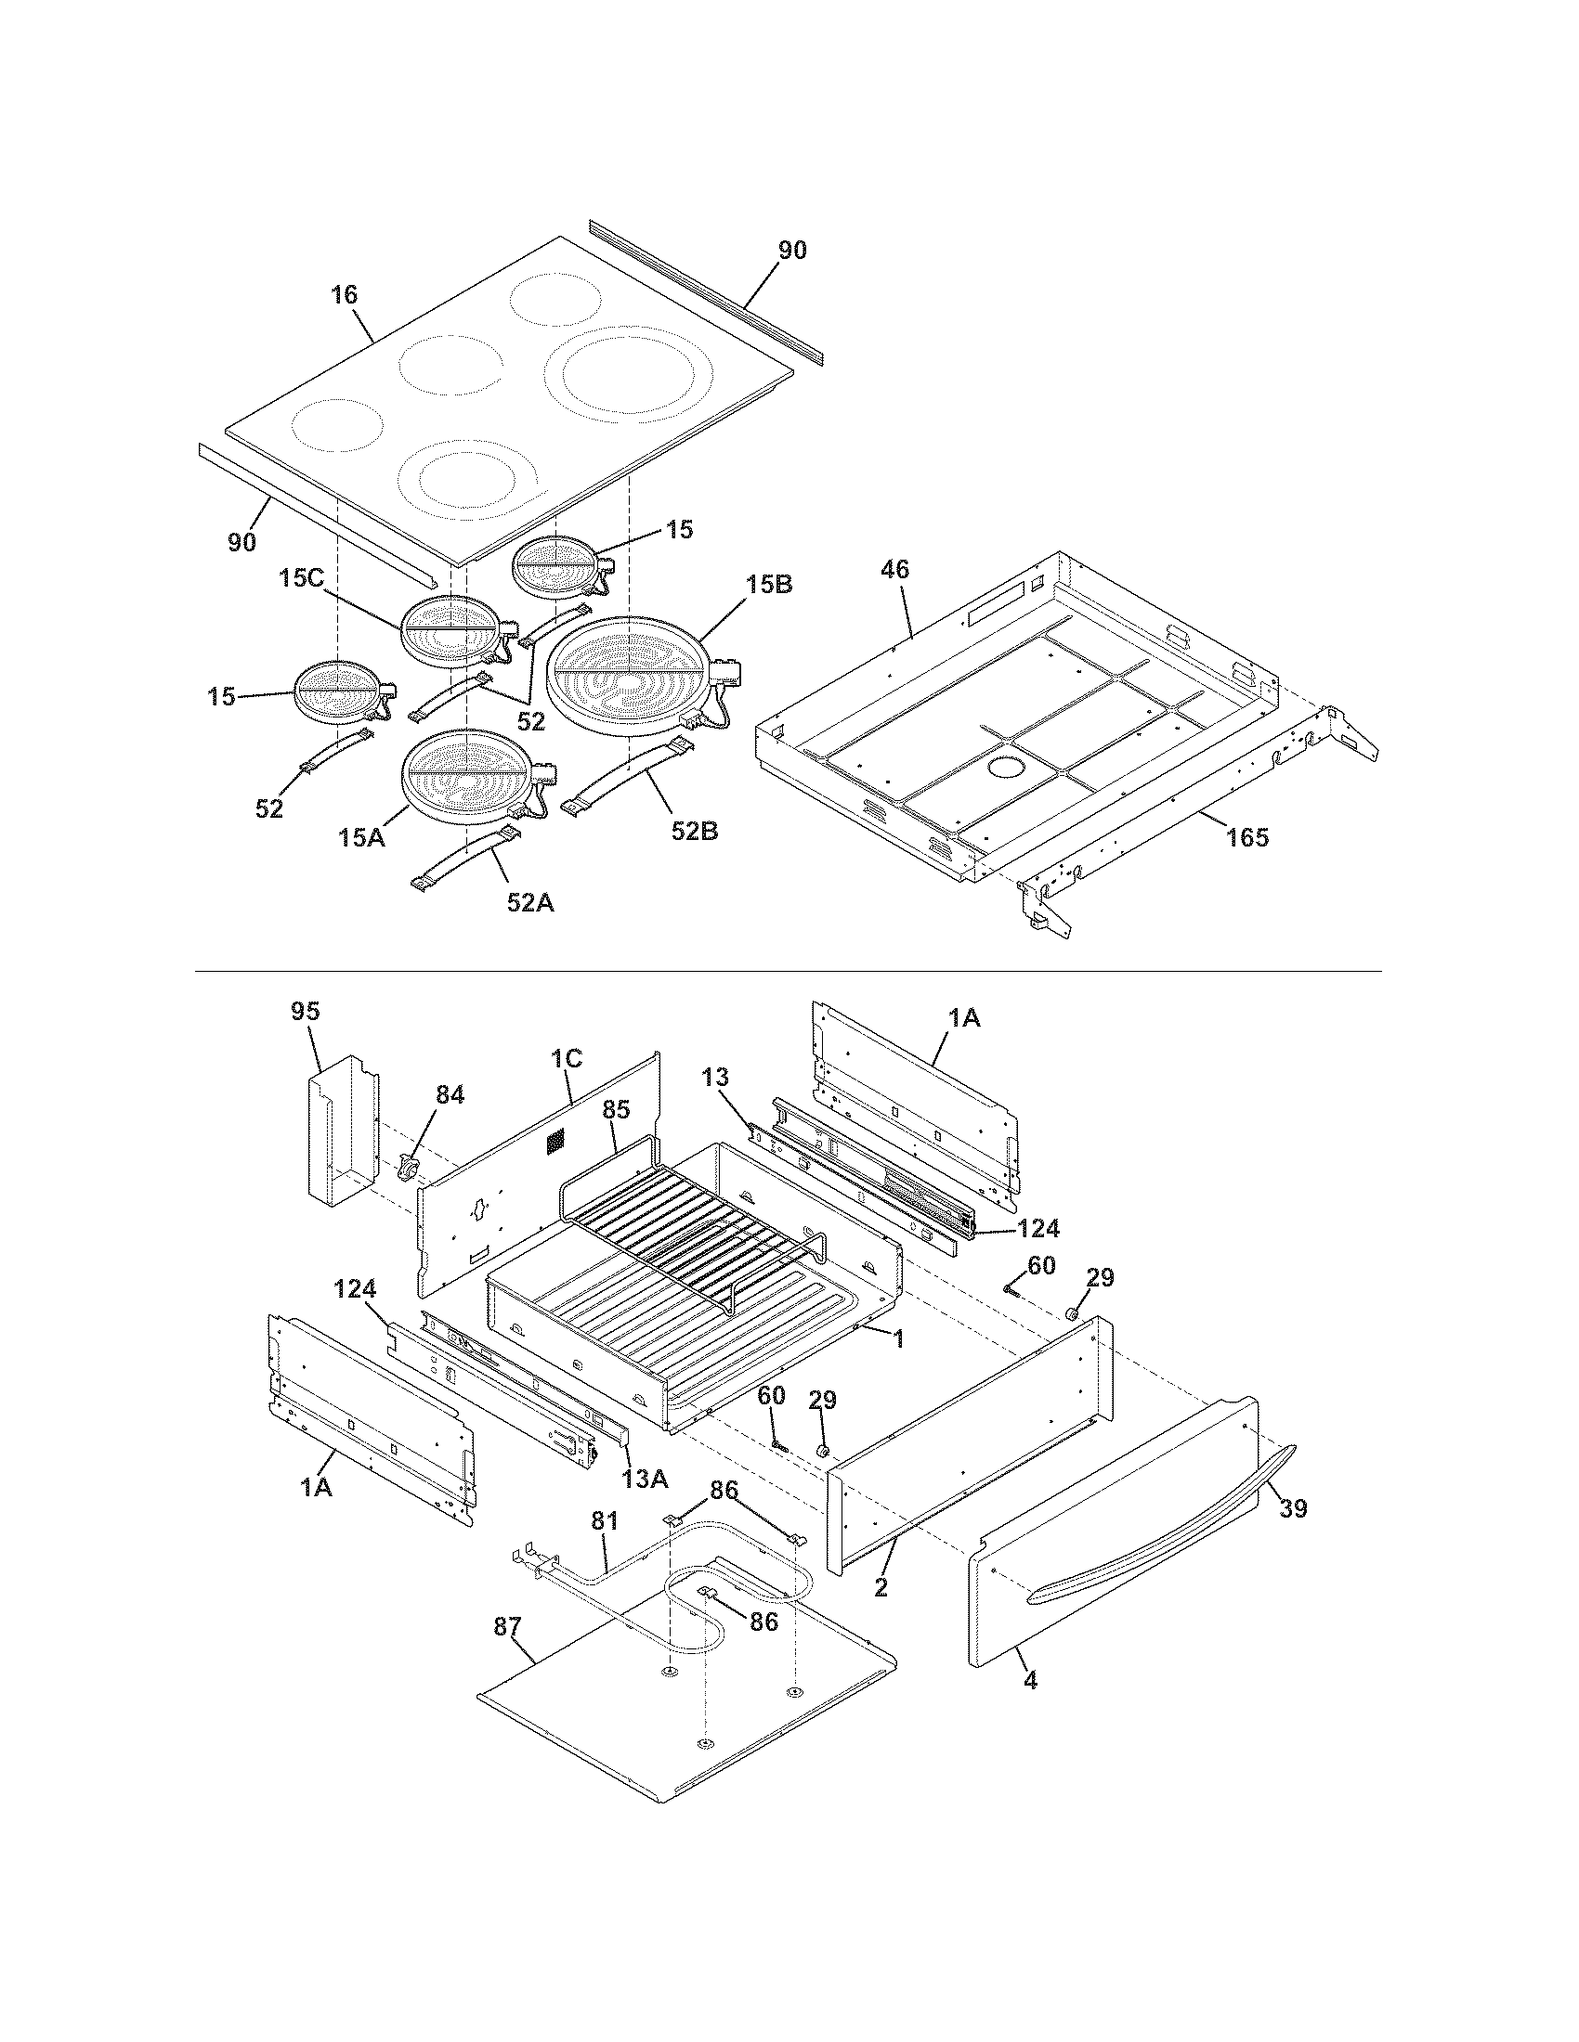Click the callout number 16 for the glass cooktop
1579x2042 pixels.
[345, 295]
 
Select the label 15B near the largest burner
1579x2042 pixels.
[770, 586]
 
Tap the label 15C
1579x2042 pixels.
[300, 579]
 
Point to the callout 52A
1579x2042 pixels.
[530, 902]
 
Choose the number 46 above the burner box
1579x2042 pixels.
[894, 569]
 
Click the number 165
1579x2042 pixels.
[1247, 838]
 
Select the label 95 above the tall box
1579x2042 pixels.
[305, 1012]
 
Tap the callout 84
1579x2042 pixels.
[450, 1095]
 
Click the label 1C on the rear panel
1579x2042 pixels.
[567, 1058]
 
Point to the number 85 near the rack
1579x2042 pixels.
[617, 1110]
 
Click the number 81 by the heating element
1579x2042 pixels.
[605, 1522]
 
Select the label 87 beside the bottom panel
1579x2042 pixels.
[508, 1628]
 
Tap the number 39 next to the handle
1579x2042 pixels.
[1293, 1508]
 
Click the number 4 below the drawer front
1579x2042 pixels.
[1030, 1680]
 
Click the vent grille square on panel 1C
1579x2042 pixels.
[556, 1140]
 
